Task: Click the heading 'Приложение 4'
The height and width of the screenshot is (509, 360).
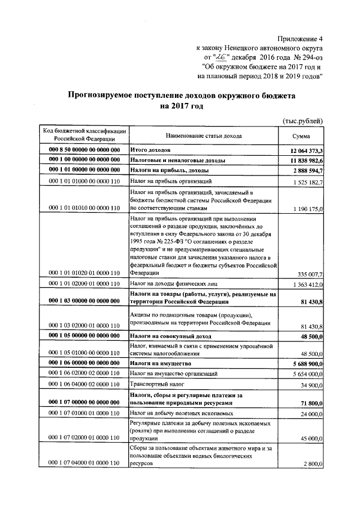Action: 301,39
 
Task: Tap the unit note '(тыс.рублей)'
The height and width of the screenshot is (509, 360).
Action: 303,121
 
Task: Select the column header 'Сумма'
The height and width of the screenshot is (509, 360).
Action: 301,136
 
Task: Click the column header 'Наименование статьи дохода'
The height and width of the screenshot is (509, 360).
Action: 204,136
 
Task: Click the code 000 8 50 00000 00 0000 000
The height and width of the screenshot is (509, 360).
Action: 84,151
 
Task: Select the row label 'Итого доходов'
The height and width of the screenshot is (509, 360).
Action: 150,151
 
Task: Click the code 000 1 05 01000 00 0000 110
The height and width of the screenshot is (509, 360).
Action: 84,353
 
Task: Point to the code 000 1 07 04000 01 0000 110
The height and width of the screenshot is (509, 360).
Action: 84,462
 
